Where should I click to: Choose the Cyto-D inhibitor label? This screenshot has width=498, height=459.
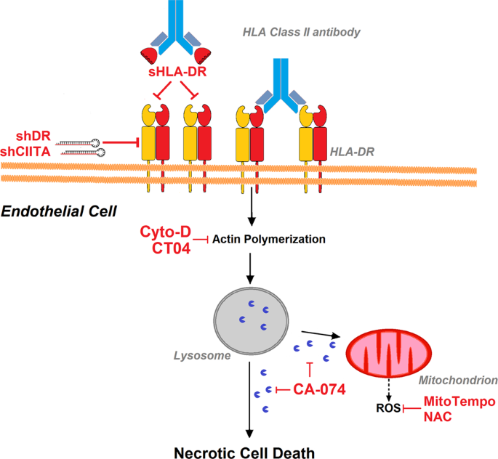164,232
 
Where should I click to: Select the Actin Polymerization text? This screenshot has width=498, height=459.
259,239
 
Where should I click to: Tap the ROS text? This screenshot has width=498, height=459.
387,410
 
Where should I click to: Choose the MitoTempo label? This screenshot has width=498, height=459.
459,402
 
